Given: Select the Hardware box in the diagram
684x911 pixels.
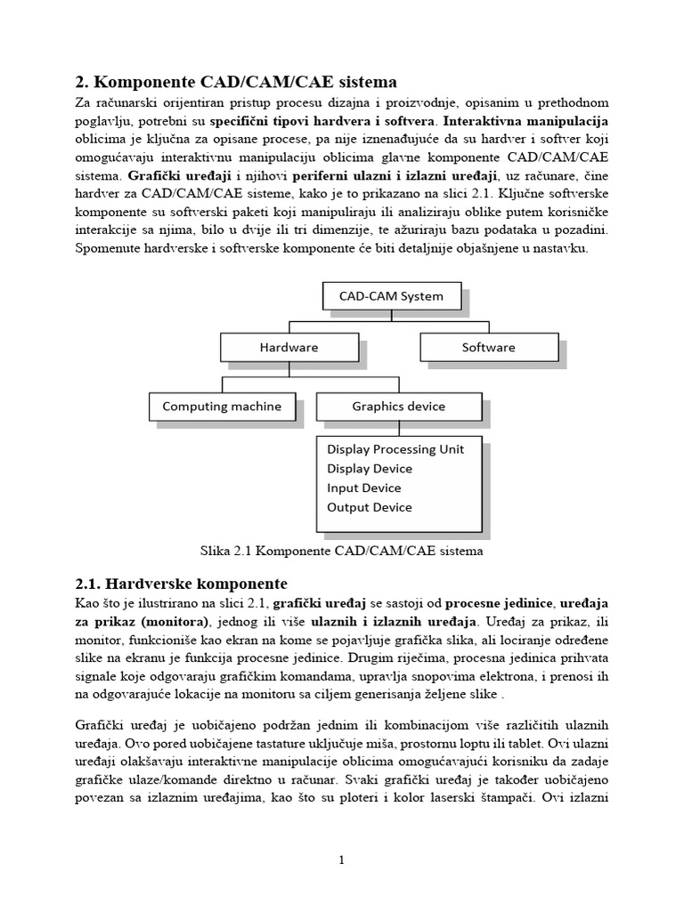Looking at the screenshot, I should click(289, 347).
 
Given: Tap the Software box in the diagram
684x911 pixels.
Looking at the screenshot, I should click(487, 347).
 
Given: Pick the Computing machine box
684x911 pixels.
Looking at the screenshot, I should click(221, 407).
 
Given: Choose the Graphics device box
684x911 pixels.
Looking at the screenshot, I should click(398, 407).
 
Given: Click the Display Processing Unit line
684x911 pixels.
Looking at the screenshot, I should click(395, 449).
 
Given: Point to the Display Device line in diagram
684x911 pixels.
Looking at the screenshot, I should click(370, 469).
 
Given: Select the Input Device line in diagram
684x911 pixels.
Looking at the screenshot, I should click(364, 488).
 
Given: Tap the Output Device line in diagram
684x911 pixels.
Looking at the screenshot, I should click(370, 508).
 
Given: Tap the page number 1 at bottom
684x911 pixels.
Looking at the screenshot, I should click(341, 859).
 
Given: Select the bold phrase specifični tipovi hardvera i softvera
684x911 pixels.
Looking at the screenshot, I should click(322, 120).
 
